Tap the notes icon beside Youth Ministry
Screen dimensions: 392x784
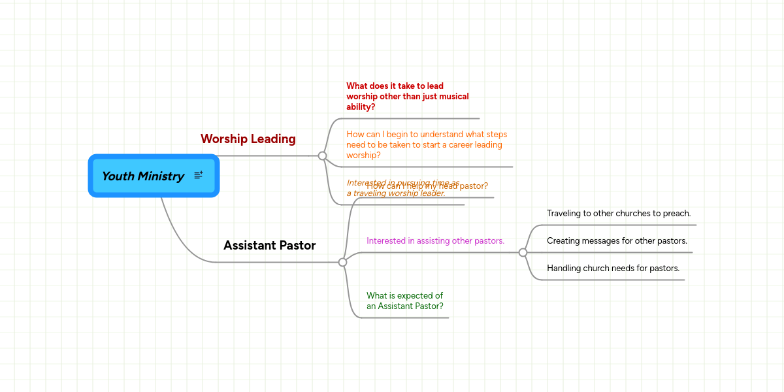[x=199, y=175]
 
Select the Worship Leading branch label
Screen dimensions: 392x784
[x=248, y=139]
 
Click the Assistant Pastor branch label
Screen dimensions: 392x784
[x=269, y=245]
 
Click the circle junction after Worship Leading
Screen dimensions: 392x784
[x=322, y=155]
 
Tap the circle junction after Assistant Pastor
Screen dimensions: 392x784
[x=342, y=262]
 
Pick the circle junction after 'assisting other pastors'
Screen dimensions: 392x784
[x=523, y=252]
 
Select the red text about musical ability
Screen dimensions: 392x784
[x=407, y=96]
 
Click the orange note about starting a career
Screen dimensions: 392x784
[x=426, y=144]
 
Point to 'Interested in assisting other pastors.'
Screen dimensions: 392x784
[x=435, y=240]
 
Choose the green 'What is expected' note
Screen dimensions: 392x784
[x=404, y=301]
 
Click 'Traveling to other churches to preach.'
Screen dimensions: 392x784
[x=618, y=213]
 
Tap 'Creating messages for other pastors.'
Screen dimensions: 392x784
[x=617, y=240]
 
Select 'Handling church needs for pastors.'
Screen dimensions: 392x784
[x=613, y=268]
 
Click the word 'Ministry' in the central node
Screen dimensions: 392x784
[x=161, y=176]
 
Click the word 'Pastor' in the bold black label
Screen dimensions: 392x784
[x=298, y=245]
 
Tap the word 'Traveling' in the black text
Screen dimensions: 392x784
[x=566, y=213]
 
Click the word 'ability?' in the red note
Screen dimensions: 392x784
[x=361, y=106]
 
